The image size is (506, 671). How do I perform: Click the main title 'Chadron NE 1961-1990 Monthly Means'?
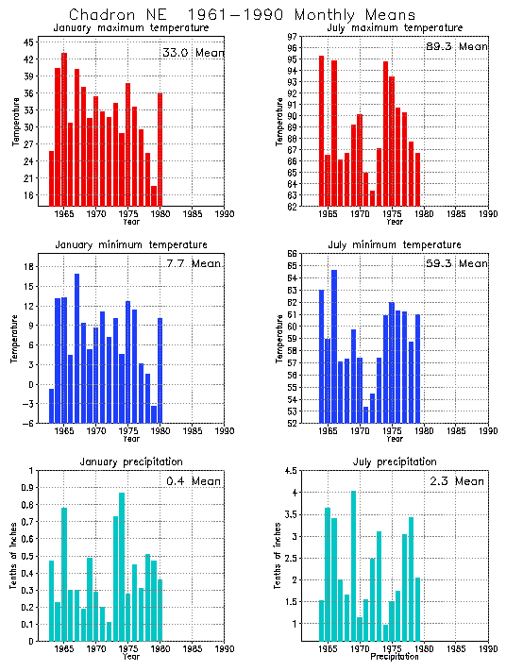[x=242, y=15]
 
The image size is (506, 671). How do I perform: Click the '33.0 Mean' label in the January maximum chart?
[x=194, y=53]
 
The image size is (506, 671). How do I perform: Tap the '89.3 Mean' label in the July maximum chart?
[x=458, y=46]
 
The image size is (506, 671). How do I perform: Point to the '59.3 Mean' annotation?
[x=458, y=264]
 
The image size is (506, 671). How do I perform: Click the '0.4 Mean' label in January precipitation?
[x=193, y=481]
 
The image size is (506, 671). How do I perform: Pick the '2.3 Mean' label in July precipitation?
[x=457, y=481]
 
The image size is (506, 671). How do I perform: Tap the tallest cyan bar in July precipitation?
[x=353, y=565]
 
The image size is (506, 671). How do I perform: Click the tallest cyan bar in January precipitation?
[x=122, y=566]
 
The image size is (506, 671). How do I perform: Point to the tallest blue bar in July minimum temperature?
[x=334, y=345]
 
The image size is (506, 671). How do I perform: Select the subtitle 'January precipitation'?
[x=126, y=461]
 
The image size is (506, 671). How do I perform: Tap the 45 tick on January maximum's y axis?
[x=29, y=42]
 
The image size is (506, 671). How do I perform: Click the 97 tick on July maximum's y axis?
[x=293, y=37]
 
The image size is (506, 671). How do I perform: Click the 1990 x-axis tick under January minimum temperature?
[x=224, y=432]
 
